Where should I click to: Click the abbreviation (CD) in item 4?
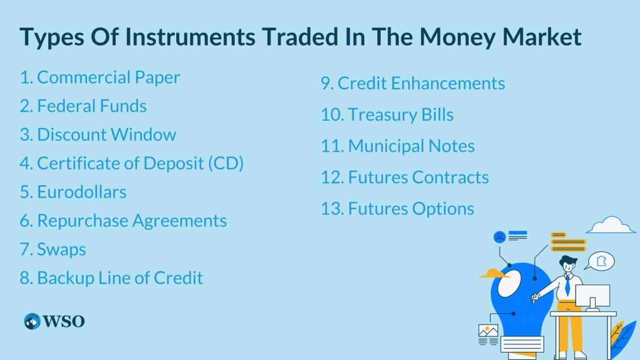pos(226,163)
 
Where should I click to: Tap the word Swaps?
pos(62,249)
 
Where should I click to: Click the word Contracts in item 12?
pos(450,177)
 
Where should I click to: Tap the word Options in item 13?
pos(443,209)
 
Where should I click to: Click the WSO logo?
pos(54,321)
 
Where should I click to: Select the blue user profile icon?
pos(500,237)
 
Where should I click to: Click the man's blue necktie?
pos(568,286)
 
